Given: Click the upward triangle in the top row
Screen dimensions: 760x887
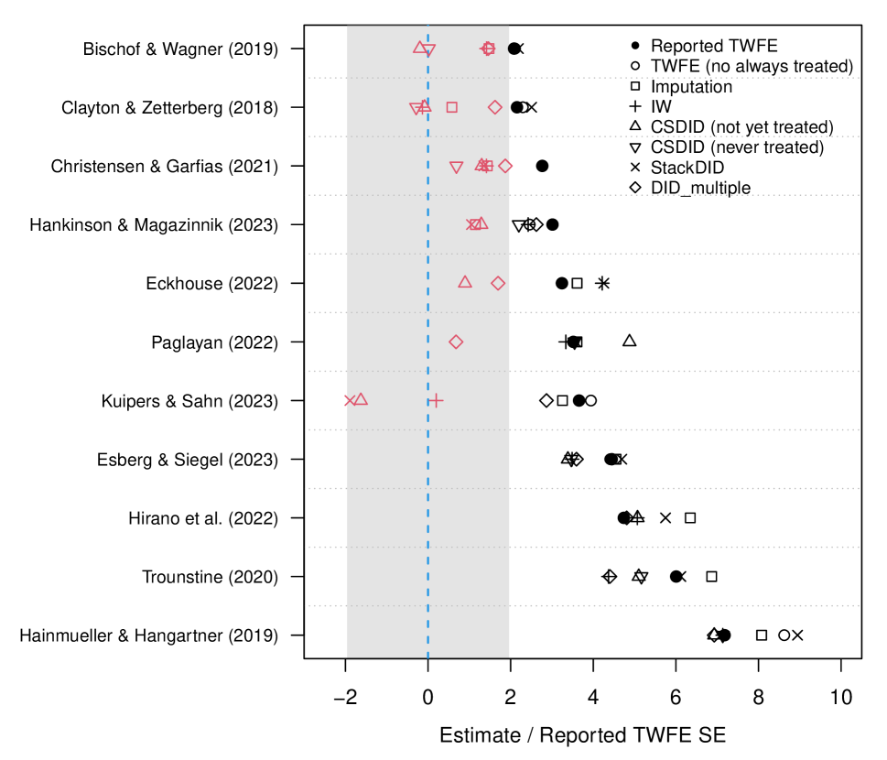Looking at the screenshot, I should click(x=420, y=47).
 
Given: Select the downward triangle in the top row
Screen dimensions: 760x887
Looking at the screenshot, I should click(x=428, y=50).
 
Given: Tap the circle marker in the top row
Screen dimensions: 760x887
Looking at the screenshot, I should click(x=489, y=49).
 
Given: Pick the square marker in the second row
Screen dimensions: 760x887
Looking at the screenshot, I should click(x=451, y=107).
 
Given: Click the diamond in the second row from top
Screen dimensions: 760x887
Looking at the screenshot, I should click(x=495, y=107).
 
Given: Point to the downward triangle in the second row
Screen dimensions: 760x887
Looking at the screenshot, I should click(x=416, y=109).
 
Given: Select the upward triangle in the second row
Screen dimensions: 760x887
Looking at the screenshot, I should click(x=425, y=105).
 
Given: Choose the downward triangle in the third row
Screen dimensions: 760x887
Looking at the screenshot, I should click(x=457, y=168).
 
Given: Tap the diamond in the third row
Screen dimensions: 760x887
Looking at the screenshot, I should click(x=505, y=166).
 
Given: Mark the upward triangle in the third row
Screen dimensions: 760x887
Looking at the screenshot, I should click(x=481, y=164).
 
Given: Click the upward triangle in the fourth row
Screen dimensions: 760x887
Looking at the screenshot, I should click(x=481, y=223).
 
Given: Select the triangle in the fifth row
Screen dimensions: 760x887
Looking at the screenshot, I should click(x=465, y=282).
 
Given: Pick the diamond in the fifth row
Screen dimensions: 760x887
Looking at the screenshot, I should click(x=498, y=283).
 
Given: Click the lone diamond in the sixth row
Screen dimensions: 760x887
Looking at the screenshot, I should click(x=456, y=342).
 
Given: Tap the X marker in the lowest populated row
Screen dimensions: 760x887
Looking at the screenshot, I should click(x=350, y=400).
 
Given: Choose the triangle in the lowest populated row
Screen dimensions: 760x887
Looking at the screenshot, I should click(x=361, y=399).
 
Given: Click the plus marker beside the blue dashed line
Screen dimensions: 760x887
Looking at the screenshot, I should click(x=436, y=400).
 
